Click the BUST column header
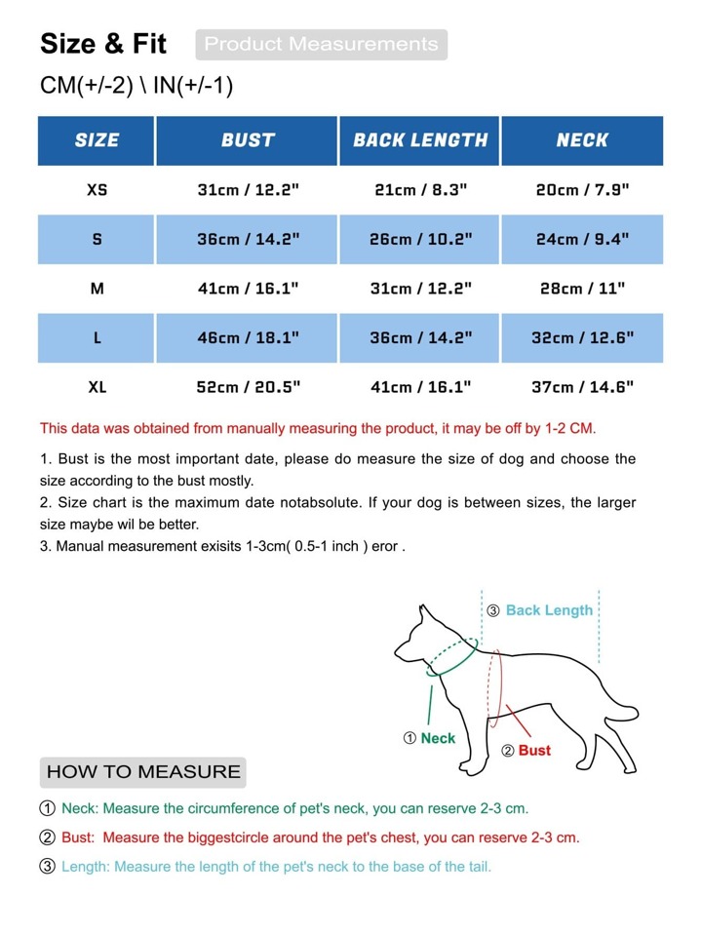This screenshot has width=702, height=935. pos(248,140)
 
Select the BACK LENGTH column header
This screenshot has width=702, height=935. pos(420,140)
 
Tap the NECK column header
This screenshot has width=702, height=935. pos(582,140)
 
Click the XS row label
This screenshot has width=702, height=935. pos(97,190)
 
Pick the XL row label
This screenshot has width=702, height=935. pos(97,387)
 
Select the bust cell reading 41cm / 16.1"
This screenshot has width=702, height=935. pos(248,289)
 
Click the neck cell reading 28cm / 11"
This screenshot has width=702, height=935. pos(582,289)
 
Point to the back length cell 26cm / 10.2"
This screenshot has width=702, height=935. pos(420,239)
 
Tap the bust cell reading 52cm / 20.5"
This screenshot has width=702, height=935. pos(248,387)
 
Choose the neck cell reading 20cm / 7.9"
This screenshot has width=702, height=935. pos(582,190)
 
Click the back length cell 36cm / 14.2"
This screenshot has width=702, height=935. pos(420,337)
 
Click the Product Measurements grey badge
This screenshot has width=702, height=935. pos(321,45)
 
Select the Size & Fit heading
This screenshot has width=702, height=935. pos(103,44)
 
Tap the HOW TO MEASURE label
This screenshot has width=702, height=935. pos(143,772)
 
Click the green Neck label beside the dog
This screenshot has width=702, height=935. pos(438,738)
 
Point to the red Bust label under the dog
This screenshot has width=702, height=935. pos(534,750)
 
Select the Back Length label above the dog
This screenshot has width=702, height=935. pos(549,610)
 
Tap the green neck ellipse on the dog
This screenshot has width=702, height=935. pos(450,655)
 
